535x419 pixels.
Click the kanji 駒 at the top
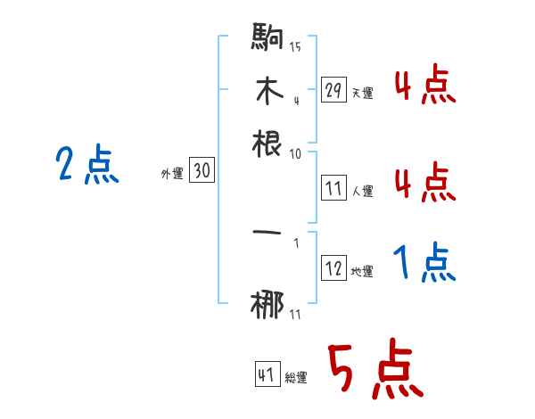click(x=268, y=40)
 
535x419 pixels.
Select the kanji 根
click(x=268, y=142)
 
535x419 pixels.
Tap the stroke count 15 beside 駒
click(x=295, y=46)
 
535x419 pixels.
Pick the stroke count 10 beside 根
click(x=295, y=153)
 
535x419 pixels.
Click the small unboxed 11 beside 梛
click(x=295, y=314)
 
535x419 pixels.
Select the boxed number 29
click(x=333, y=90)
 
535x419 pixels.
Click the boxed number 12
click(x=333, y=268)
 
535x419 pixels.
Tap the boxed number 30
click(x=202, y=172)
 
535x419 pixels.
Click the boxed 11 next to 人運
click(x=333, y=188)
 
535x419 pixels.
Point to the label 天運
click(x=362, y=93)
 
